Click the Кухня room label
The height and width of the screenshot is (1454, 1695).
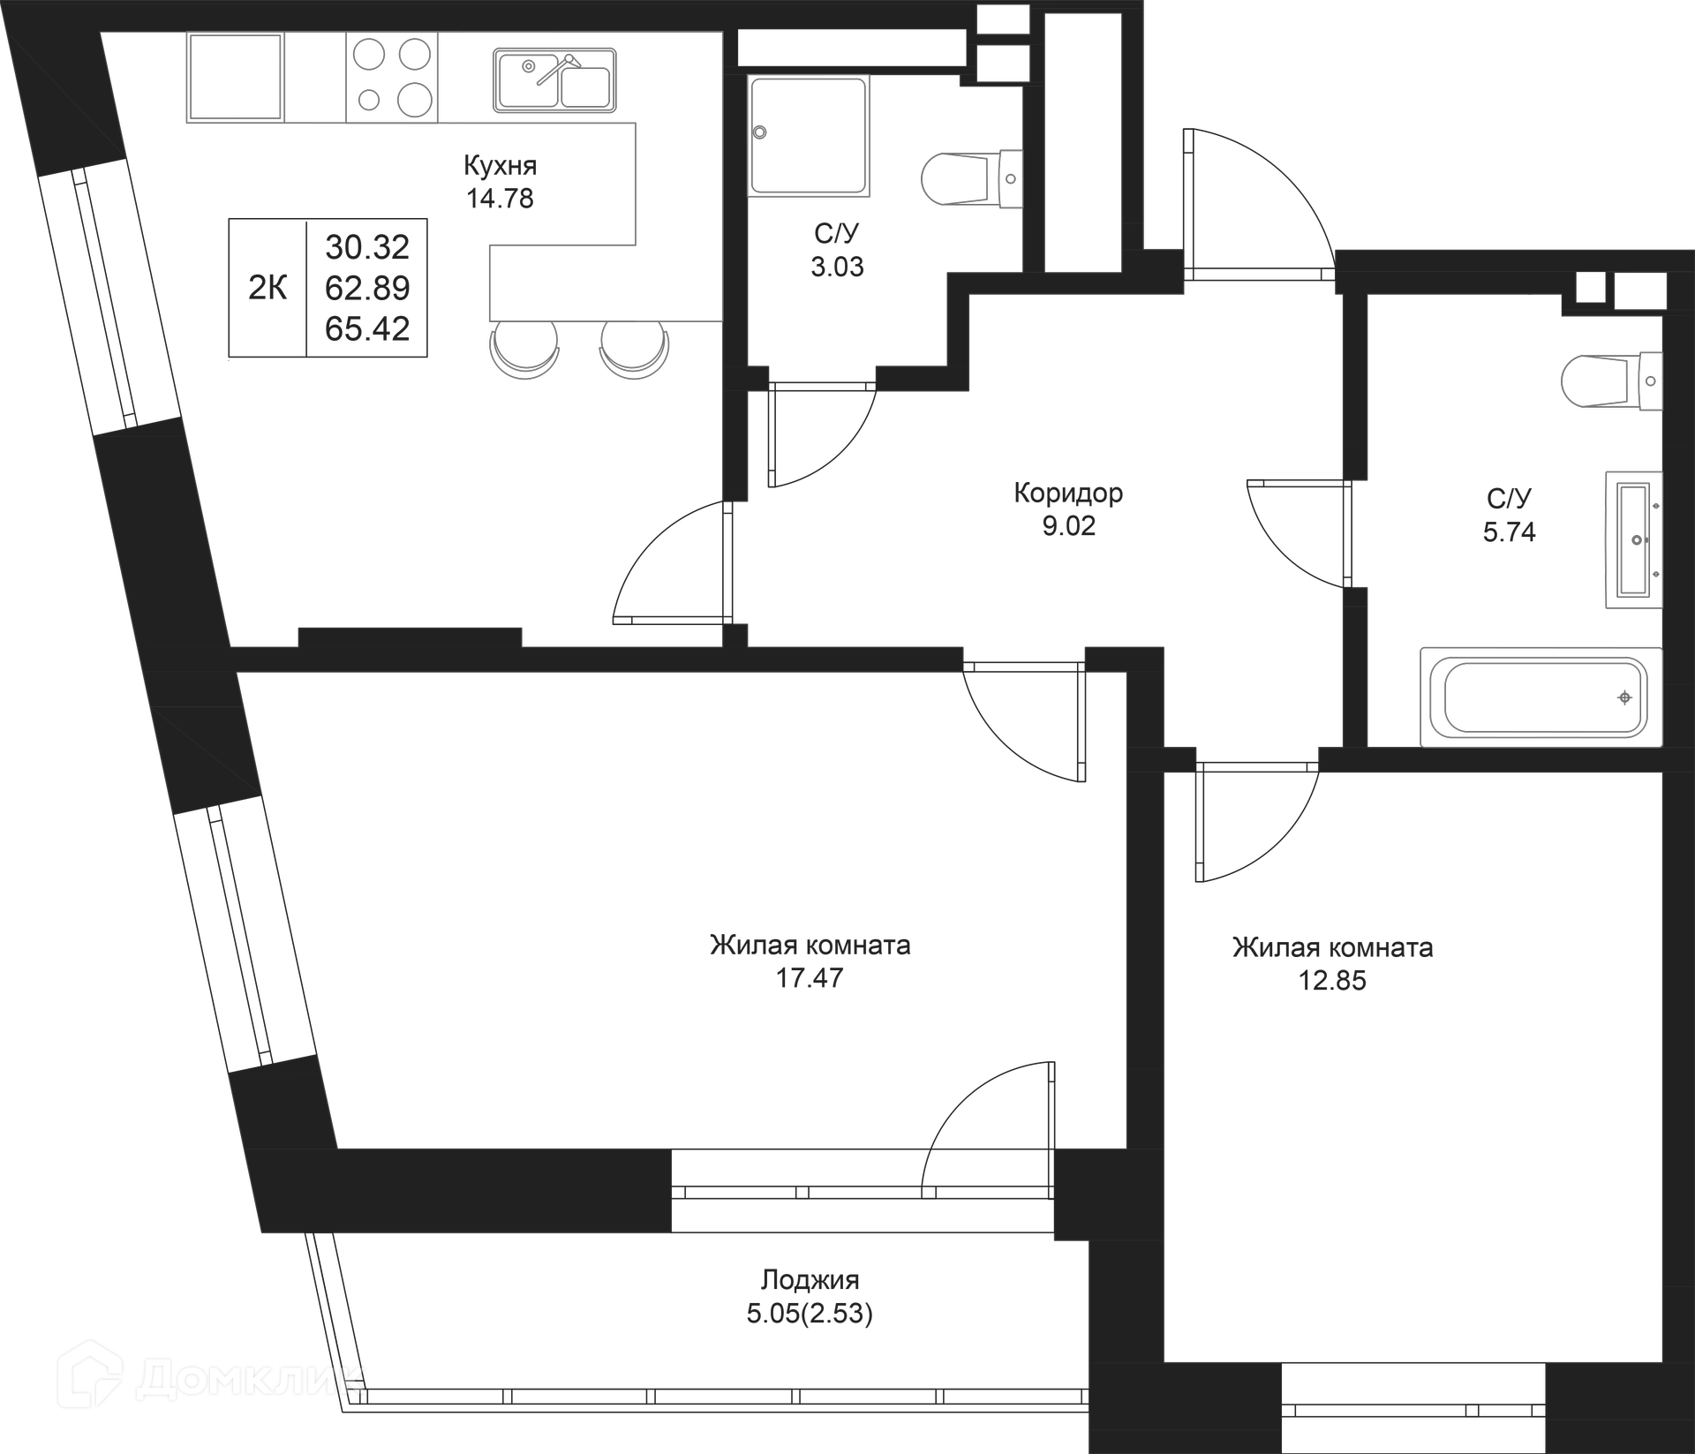tap(500, 165)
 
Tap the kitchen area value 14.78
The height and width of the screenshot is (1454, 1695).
tap(500, 198)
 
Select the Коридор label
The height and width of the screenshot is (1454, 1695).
tap(1068, 493)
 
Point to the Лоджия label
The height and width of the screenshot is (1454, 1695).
tap(810, 1279)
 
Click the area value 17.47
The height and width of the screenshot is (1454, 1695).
tap(810, 977)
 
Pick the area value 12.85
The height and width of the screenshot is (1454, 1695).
tap(1332, 980)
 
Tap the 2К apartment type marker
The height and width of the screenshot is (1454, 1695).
tap(267, 288)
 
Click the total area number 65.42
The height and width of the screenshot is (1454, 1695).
tap(367, 328)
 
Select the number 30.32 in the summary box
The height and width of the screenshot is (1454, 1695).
tap(367, 247)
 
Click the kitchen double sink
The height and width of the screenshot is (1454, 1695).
tap(554, 80)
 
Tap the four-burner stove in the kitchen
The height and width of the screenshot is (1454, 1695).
tap(392, 77)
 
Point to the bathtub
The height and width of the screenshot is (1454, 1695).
tap(1541, 697)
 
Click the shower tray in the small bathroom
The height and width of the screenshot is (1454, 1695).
tap(808, 135)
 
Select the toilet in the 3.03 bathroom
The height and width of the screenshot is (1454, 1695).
tap(971, 179)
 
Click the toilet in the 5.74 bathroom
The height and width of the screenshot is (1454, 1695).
tap(1611, 381)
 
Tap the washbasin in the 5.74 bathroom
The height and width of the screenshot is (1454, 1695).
tap(1633, 539)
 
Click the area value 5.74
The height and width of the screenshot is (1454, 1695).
tap(1509, 531)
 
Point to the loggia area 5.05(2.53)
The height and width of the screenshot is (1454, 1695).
tap(810, 1314)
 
